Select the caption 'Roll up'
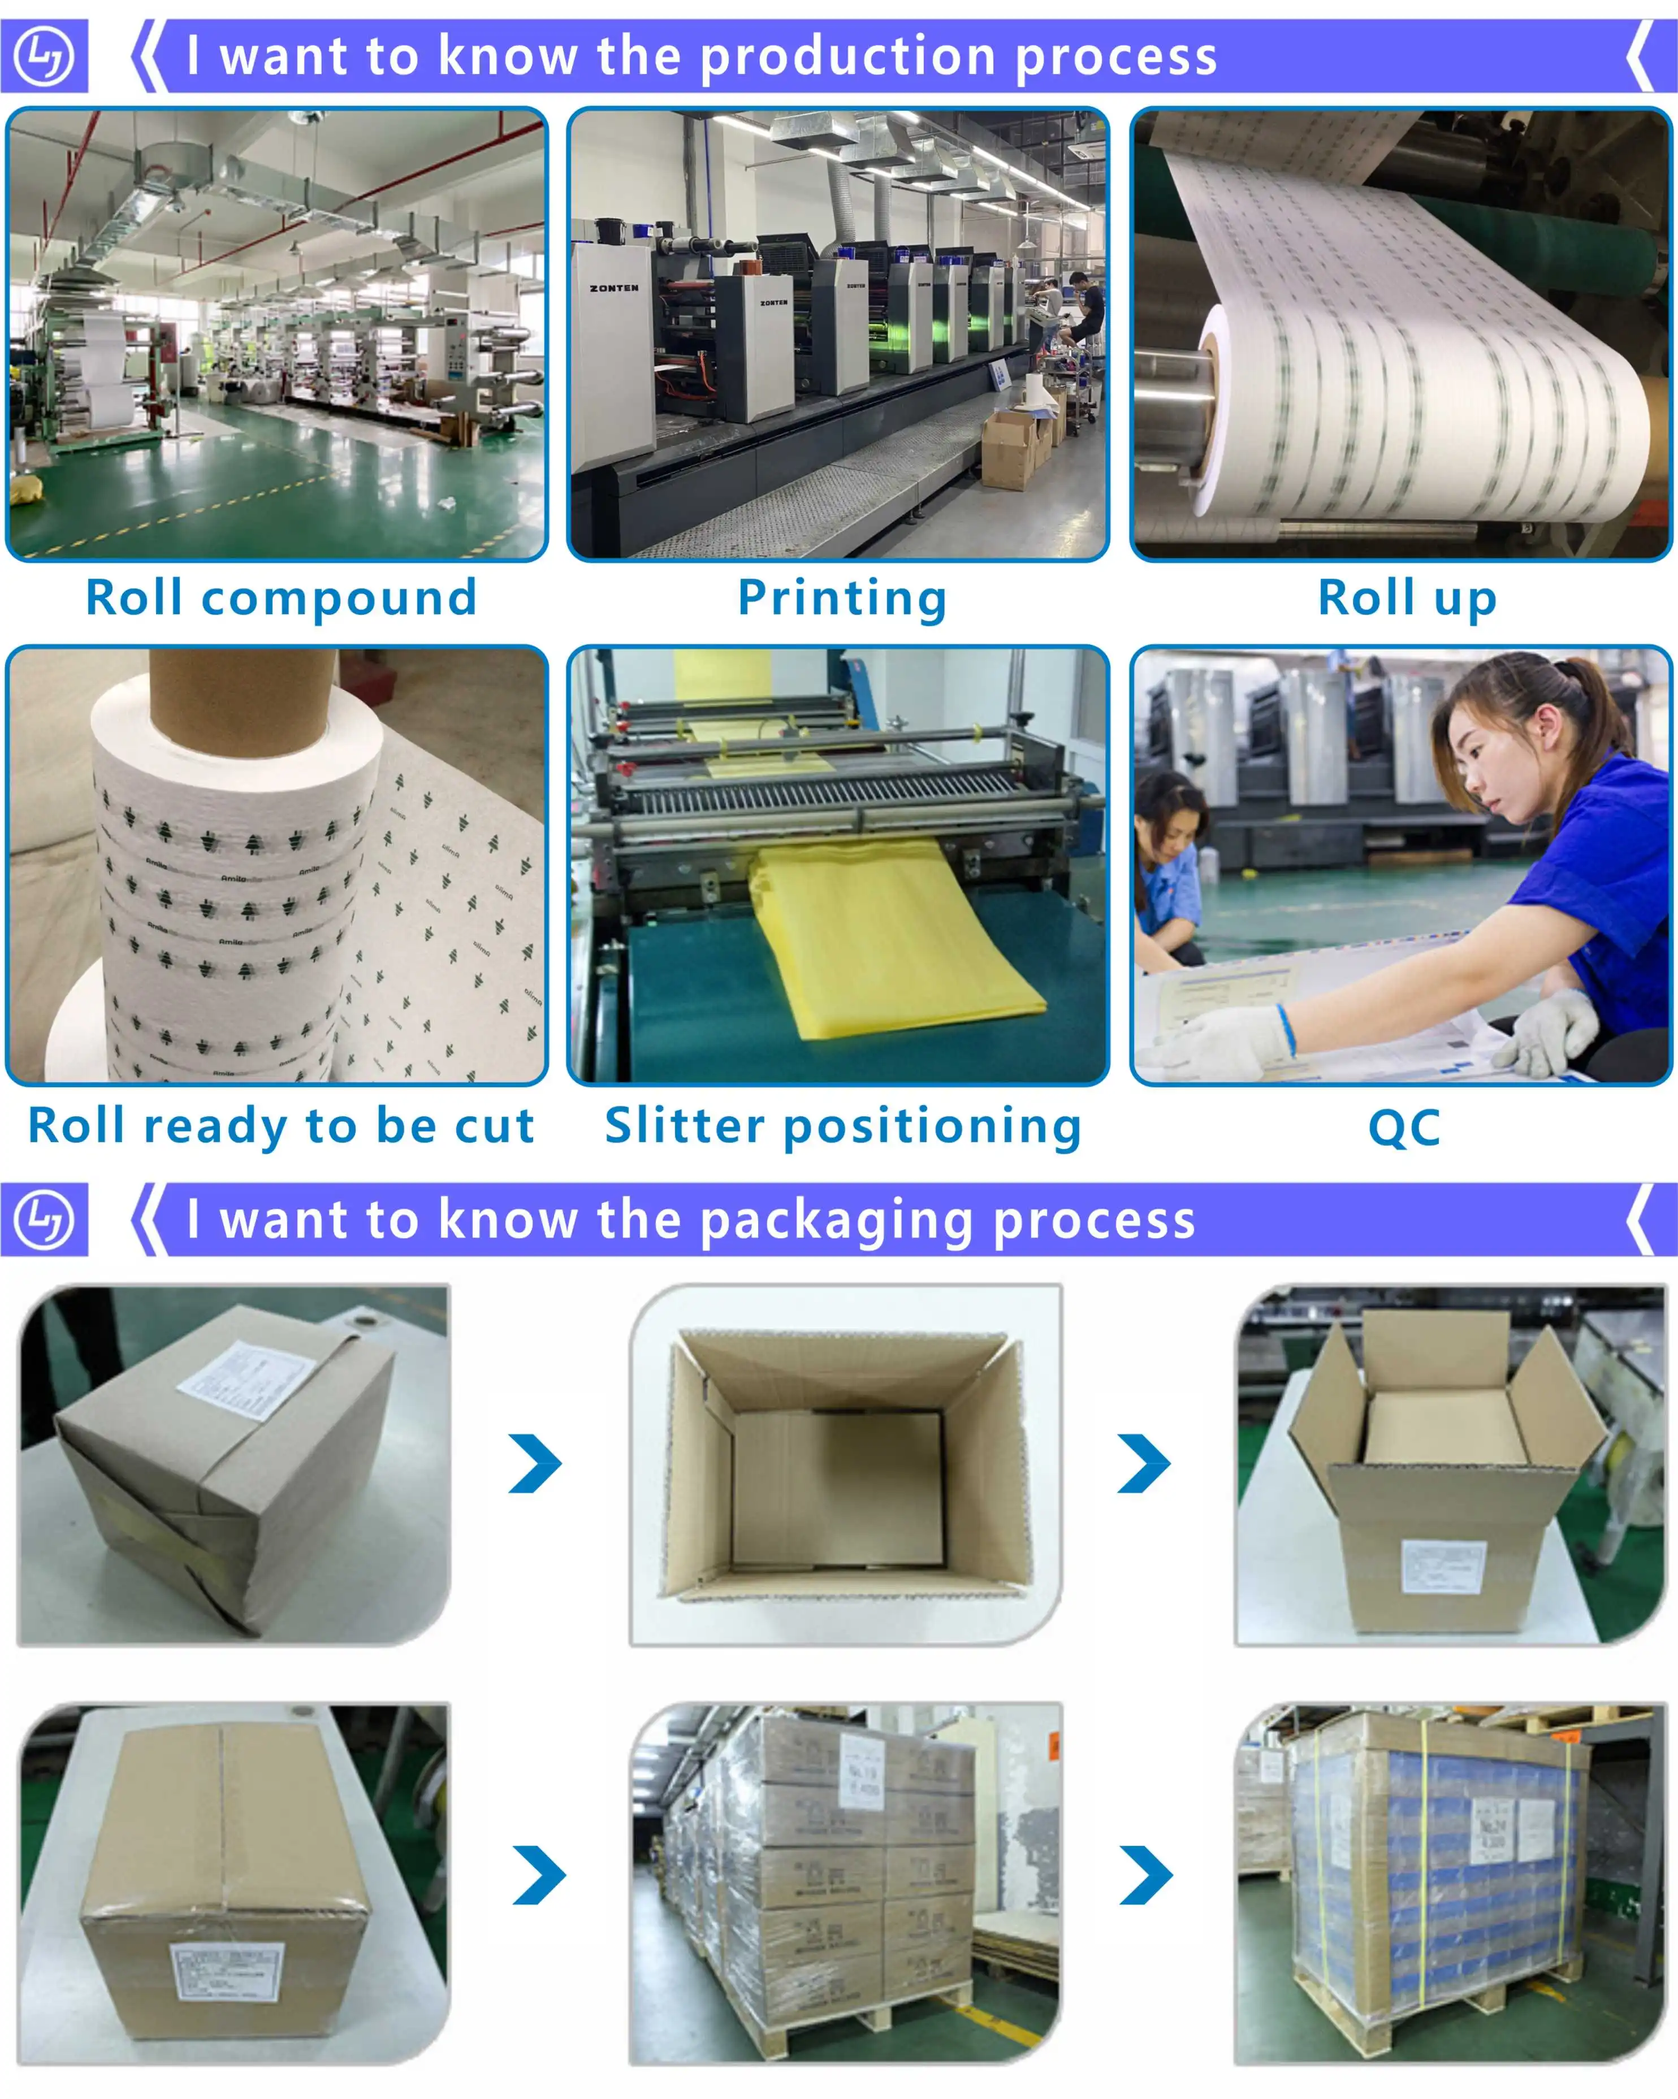point(1406,598)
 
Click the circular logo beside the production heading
point(44,55)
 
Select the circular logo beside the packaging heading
point(44,1219)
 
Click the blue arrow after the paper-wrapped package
point(535,1463)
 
